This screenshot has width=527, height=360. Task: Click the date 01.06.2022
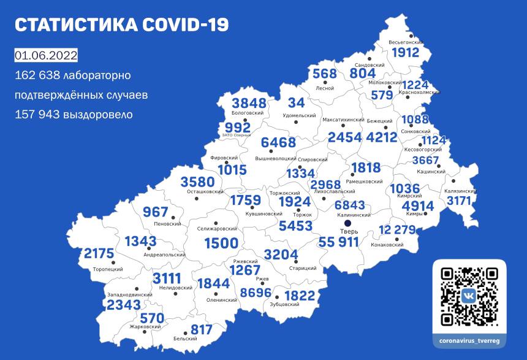46,56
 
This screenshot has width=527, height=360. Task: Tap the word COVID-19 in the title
184,25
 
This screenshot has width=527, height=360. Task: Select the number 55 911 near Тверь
339,243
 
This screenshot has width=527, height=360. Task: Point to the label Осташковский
205,192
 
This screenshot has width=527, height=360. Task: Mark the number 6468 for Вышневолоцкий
278,143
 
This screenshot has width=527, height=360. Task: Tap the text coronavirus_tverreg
469,339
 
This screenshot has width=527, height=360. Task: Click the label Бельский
185,339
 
